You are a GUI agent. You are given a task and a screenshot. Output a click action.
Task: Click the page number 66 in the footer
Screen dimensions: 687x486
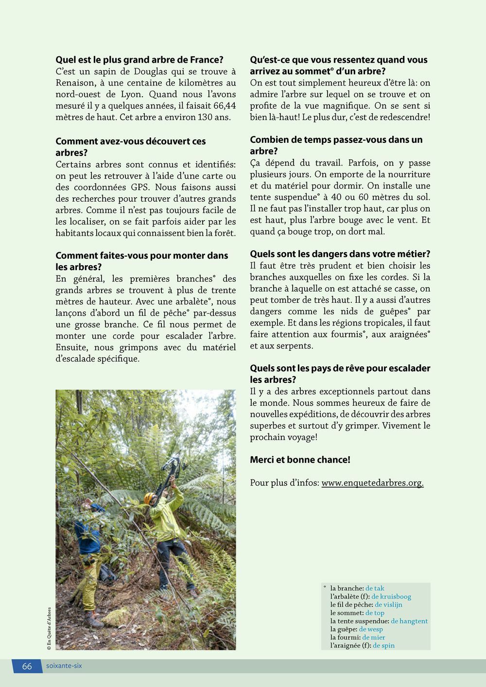(27, 666)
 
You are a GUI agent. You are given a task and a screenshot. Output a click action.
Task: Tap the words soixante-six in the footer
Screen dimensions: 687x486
(64, 666)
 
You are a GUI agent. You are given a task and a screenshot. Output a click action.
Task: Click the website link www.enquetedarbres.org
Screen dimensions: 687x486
(372, 482)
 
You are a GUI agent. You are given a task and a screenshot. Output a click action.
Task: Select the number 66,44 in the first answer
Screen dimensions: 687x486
(221, 106)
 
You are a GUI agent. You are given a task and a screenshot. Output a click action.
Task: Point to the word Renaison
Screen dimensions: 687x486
(77, 83)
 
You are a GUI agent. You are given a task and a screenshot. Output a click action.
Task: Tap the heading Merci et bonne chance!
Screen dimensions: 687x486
(300, 460)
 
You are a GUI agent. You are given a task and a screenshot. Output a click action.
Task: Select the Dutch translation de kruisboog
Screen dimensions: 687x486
(391, 597)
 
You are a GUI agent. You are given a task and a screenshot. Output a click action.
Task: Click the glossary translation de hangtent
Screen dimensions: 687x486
(409, 621)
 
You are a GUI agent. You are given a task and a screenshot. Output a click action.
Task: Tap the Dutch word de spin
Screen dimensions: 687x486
(384, 646)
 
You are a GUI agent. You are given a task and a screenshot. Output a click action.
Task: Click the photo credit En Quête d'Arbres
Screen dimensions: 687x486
(49, 626)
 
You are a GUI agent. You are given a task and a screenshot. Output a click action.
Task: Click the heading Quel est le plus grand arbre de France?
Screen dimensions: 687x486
(139, 60)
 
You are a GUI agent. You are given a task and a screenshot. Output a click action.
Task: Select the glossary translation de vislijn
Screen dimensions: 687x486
(388, 605)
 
